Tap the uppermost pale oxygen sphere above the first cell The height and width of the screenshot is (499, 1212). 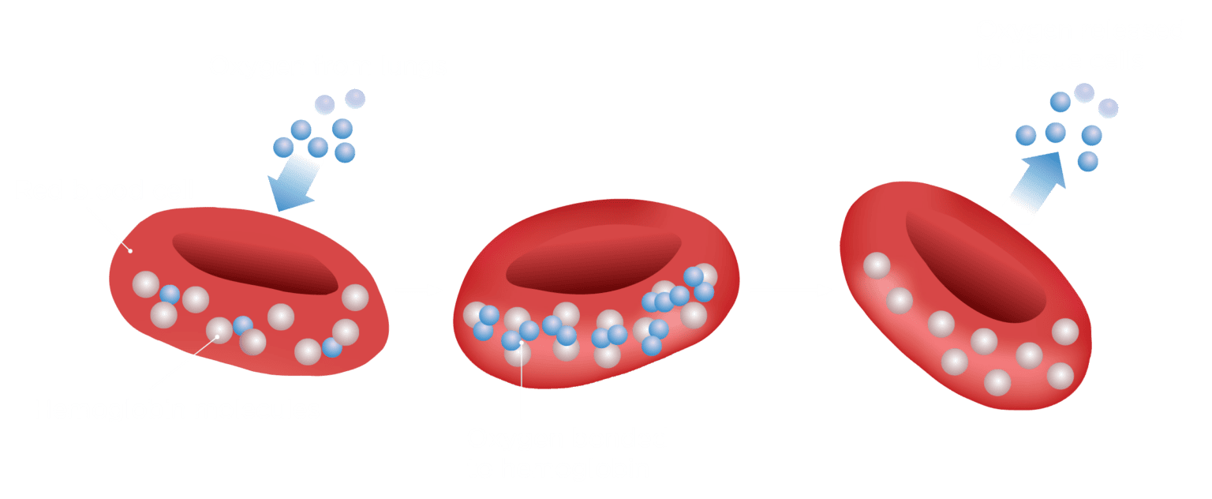[355, 99]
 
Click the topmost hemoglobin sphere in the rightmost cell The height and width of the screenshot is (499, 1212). [876, 265]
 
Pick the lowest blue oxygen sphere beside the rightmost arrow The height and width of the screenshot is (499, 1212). [1087, 162]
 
